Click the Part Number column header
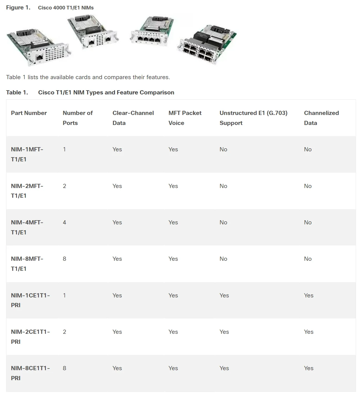click(29, 113)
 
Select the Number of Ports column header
click(77, 118)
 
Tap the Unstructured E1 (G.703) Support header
click(253, 118)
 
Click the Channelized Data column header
click(321, 118)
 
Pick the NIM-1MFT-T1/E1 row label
click(27, 154)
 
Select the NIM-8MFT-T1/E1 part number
click(27, 264)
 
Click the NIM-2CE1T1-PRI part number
click(30, 337)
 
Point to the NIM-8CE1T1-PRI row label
click(30, 373)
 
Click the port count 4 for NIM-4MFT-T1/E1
click(64, 222)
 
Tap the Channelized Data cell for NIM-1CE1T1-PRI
click(309, 295)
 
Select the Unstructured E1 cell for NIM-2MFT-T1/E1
click(223, 186)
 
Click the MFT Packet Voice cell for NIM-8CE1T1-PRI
click(173, 368)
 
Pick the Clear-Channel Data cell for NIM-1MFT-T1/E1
click(117, 149)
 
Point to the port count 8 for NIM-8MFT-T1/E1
click(64, 259)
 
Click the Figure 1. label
click(18, 7)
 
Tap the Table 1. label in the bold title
click(17, 92)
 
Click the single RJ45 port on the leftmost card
click(40, 57)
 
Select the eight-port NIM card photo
click(207, 44)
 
